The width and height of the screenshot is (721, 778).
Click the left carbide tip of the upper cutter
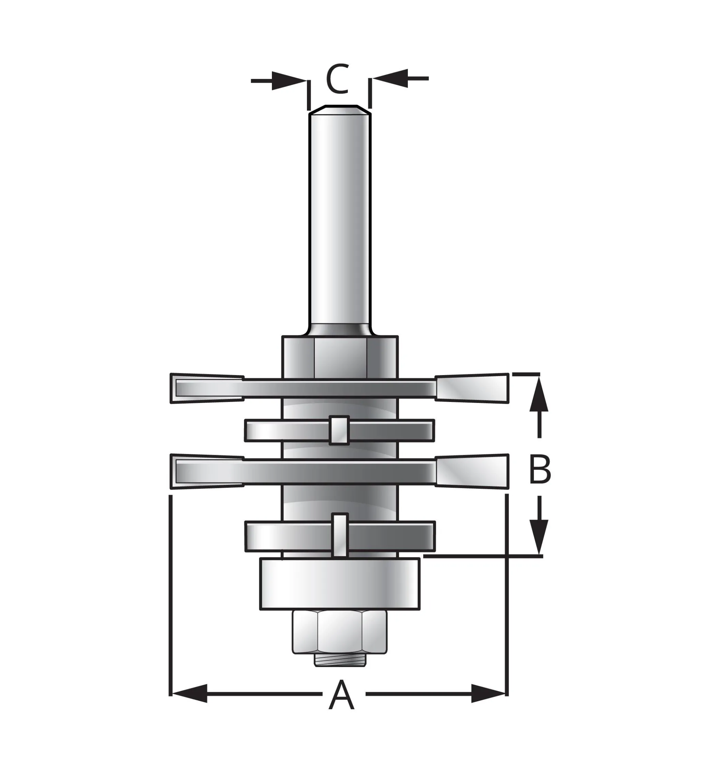pos(207,388)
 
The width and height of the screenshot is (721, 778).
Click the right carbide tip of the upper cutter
pos(472,388)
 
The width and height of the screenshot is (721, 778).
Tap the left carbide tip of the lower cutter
pos(207,471)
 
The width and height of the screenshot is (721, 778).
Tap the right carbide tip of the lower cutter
pos(472,471)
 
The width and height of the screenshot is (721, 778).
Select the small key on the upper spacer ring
pos(339,430)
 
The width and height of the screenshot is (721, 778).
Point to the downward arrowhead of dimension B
pos(539,536)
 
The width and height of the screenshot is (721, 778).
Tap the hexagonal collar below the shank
pos(339,357)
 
